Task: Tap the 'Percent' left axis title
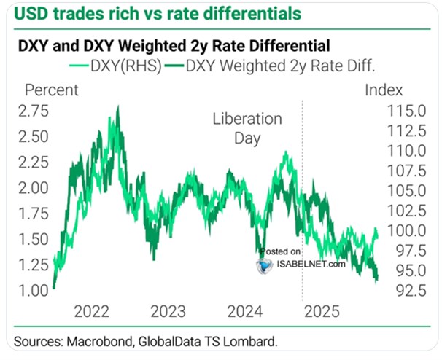click(x=50, y=91)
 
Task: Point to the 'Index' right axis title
click(x=381, y=91)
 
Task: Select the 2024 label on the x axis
click(x=244, y=312)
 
